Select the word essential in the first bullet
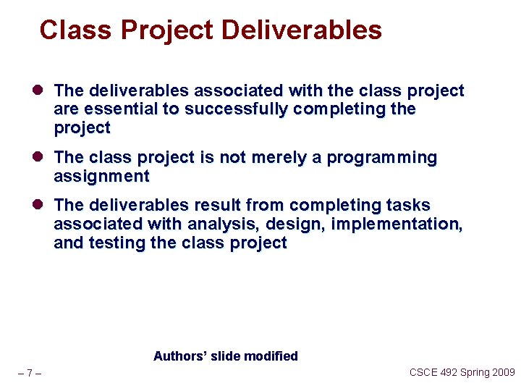click(x=111, y=109)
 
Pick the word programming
click(x=382, y=158)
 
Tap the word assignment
click(x=101, y=177)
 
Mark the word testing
click(x=117, y=243)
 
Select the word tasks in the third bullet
click(x=409, y=206)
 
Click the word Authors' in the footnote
click(x=178, y=356)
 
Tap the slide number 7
click(x=29, y=374)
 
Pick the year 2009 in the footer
click(x=502, y=372)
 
